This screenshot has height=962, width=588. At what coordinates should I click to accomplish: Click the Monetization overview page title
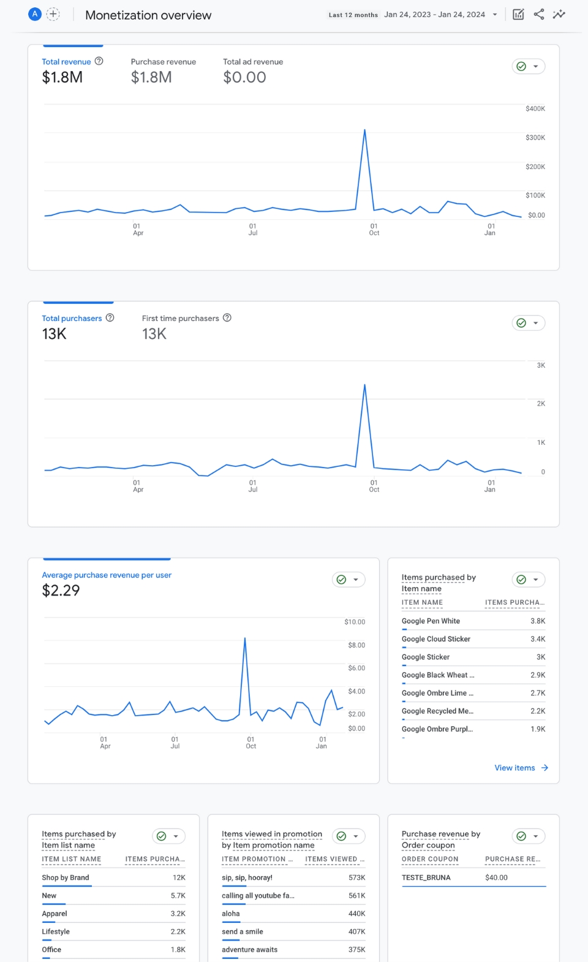pyautogui.click(x=148, y=15)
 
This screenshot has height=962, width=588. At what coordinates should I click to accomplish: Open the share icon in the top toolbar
pyautogui.click(x=539, y=14)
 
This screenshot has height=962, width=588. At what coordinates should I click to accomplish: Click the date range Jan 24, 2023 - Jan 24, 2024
pyautogui.click(x=434, y=15)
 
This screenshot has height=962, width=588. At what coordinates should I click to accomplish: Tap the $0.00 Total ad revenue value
pyautogui.click(x=244, y=78)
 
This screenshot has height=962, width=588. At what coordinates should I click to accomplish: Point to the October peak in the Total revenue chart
pyautogui.click(x=364, y=131)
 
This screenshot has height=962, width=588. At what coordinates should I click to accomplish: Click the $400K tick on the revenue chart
pyautogui.click(x=535, y=108)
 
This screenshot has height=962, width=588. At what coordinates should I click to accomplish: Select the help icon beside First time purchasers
pyautogui.click(x=227, y=317)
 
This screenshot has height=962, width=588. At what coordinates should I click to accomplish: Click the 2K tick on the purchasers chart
pyautogui.click(x=540, y=404)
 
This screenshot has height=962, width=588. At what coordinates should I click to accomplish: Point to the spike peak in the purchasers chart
pyautogui.click(x=364, y=385)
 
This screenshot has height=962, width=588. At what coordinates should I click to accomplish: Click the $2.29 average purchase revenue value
pyautogui.click(x=61, y=591)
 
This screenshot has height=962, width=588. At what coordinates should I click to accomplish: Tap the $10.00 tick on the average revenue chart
pyautogui.click(x=355, y=622)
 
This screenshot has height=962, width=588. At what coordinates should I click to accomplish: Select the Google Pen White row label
pyautogui.click(x=431, y=621)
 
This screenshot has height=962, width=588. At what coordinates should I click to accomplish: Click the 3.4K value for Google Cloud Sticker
pyautogui.click(x=537, y=639)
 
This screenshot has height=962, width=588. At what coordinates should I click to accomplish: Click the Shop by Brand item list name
pyautogui.click(x=66, y=877)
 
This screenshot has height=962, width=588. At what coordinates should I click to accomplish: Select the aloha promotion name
pyautogui.click(x=231, y=914)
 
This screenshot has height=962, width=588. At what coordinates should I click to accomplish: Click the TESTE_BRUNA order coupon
pyautogui.click(x=426, y=877)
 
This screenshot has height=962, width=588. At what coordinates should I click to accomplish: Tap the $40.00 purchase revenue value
pyautogui.click(x=496, y=877)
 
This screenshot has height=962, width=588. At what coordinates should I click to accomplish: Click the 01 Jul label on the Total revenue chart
pyautogui.click(x=253, y=229)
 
